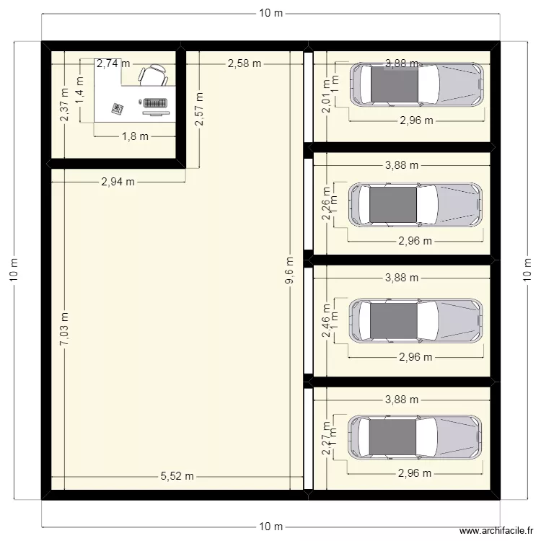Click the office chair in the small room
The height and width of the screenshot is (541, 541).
pos(154,76)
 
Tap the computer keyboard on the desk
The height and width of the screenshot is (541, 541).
pos(157,102)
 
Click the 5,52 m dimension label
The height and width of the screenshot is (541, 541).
pos(177,476)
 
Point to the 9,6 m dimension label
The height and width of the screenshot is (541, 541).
pos(289,272)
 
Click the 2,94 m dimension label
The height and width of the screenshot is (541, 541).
pos(118,182)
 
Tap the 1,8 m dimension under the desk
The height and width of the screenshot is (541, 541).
pos(134,136)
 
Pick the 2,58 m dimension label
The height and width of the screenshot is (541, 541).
pos(244,63)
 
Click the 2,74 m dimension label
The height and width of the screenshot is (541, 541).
pos(113,63)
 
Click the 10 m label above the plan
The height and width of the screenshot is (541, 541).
pos(270,14)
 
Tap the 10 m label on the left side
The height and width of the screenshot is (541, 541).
pos(14,270)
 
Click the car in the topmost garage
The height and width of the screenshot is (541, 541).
pos(416,85)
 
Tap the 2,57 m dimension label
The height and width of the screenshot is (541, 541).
pos(199,109)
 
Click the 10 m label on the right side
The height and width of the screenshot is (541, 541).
pos(527,270)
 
